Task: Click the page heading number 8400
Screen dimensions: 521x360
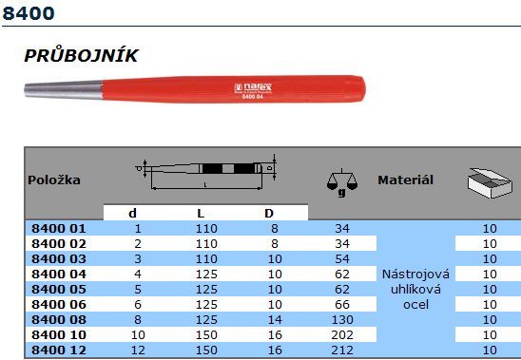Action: (x=29, y=13)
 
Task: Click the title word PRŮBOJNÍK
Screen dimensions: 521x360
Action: (x=81, y=55)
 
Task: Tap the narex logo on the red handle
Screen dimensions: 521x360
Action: (x=253, y=87)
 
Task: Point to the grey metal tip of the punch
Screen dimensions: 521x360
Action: (x=64, y=89)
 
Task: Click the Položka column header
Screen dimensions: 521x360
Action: (x=54, y=180)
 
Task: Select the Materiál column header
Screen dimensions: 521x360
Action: (x=405, y=180)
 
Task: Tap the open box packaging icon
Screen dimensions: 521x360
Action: (x=490, y=182)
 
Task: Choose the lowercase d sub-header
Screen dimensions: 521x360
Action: (x=132, y=213)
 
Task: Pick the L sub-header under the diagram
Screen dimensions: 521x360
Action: (x=201, y=213)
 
